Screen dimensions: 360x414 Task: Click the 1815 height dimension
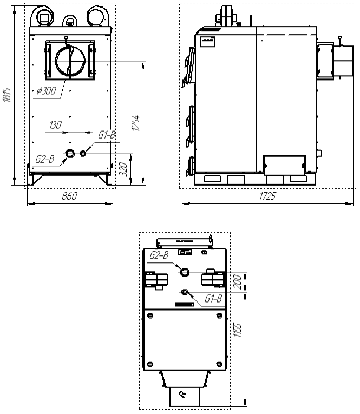pos(6,95)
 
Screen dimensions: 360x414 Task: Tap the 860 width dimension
pos(70,196)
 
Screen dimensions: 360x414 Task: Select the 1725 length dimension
pos(267,196)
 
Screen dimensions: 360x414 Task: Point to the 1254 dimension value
pos(136,123)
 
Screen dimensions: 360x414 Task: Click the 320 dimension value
pos(123,169)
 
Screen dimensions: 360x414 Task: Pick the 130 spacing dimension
pos(55,125)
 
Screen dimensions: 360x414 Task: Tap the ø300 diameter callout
pos(47,91)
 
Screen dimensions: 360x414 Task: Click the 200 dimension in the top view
pos(238,282)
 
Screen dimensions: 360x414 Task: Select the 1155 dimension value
pos(238,330)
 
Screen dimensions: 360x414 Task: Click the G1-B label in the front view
pos(107,135)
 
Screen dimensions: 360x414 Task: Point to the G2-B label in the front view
pos(45,159)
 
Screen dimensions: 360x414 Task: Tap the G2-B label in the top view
pos(159,255)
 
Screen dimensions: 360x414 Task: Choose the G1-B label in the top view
pos(213,299)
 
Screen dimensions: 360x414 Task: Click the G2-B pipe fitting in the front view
pos(70,153)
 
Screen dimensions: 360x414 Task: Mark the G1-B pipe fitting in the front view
pos(83,153)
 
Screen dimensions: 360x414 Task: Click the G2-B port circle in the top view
pos(185,272)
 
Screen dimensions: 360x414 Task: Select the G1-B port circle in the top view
pos(185,292)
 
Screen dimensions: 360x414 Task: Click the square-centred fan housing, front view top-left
pos(43,17)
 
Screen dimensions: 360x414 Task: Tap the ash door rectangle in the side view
pos(284,165)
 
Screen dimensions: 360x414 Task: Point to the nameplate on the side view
pos(207,42)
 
